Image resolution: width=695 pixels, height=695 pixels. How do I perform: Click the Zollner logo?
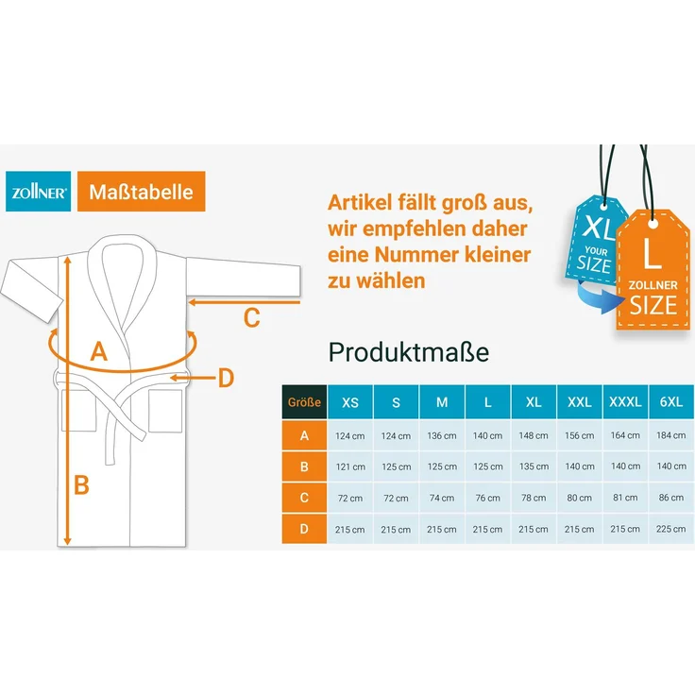tap(38, 192)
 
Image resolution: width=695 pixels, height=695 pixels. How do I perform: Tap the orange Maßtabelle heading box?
tap(141, 192)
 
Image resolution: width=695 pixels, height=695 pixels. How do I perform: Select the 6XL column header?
tap(671, 401)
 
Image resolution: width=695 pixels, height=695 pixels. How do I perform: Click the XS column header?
tap(350, 402)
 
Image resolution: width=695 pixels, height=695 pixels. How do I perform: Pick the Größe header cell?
tap(304, 402)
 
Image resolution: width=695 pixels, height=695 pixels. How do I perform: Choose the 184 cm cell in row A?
tap(671, 435)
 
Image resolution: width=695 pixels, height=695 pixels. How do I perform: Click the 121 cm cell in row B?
tap(350, 466)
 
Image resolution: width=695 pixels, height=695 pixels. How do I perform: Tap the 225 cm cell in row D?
tap(671, 529)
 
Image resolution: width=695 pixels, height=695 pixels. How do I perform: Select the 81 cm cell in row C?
tap(625, 498)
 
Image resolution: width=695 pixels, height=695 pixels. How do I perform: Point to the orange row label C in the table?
tap(304, 498)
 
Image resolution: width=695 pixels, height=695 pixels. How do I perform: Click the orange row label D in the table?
tap(304, 529)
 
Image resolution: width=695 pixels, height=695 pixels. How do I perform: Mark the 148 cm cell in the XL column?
tap(534, 435)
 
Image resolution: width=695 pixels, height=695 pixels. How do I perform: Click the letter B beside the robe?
tap(81, 484)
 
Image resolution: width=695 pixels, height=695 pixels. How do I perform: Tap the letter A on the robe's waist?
tap(99, 351)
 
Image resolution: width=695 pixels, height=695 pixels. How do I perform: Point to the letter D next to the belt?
tap(226, 378)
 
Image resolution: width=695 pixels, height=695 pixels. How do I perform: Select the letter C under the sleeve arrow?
tap(251, 318)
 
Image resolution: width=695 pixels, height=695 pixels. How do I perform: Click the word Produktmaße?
tap(408, 352)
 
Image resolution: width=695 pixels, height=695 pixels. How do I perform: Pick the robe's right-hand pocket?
tap(165, 411)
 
